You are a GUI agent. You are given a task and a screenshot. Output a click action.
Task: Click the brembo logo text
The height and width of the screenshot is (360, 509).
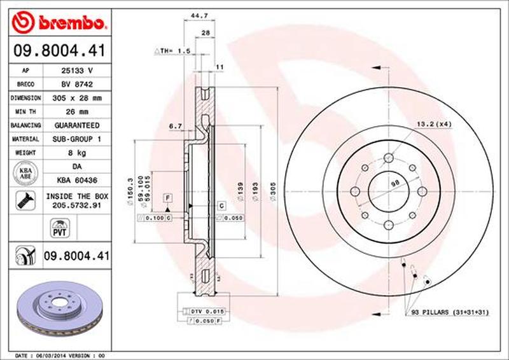(x=68, y=24)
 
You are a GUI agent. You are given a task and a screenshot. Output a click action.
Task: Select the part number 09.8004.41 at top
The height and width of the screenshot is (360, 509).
(x=60, y=49)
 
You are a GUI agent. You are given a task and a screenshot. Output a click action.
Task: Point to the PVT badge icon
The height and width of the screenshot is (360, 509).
(x=59, y=226)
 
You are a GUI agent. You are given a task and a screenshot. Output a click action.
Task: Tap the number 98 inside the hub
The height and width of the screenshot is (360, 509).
(x=394, y=183)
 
